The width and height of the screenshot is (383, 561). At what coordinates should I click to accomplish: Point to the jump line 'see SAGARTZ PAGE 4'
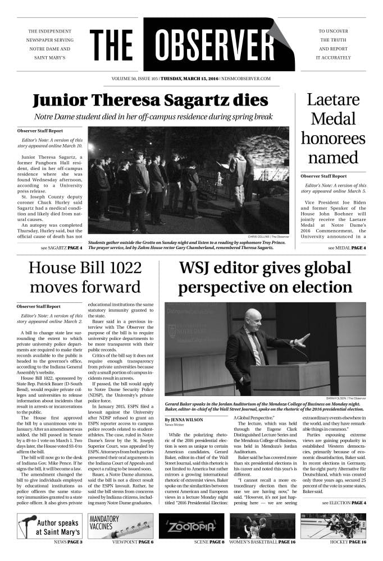(61, 247)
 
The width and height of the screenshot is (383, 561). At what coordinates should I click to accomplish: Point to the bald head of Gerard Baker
(253, 318)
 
